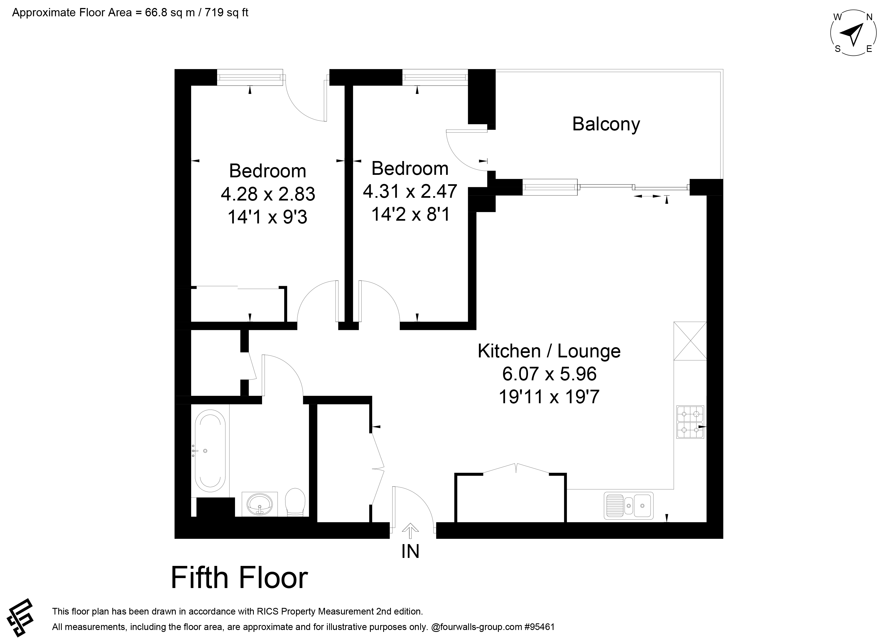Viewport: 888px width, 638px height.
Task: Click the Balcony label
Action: (606, 124)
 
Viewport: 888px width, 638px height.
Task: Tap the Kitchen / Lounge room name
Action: (549, 351)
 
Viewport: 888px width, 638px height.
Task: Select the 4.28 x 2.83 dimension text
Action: (268, 194)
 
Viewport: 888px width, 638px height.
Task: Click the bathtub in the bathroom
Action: (210, 451)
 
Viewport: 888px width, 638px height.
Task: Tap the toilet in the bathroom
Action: (295, 502)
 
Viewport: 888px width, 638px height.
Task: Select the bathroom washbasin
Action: (260, 504)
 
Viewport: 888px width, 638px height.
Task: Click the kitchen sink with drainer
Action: (628, 505)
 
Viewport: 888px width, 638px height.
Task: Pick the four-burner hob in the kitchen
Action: (690, 422)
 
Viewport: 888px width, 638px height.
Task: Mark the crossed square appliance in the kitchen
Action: (690, 341)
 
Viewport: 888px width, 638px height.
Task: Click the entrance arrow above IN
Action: (410, 531)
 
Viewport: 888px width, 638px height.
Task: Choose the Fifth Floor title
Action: (239, 578)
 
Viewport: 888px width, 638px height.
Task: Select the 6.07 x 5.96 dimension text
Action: (549, 374)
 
